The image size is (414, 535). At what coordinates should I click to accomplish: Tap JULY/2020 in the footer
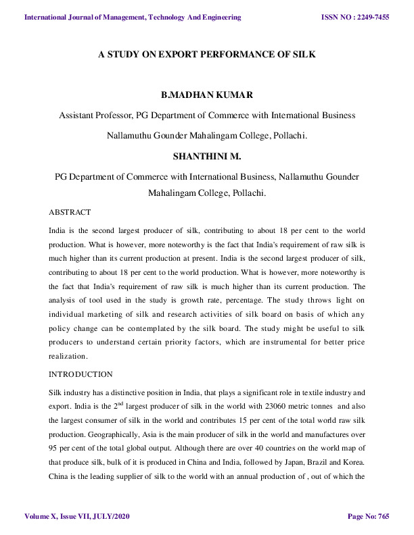click(110, 517)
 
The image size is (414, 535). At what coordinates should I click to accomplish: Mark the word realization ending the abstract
click(68, 355)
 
